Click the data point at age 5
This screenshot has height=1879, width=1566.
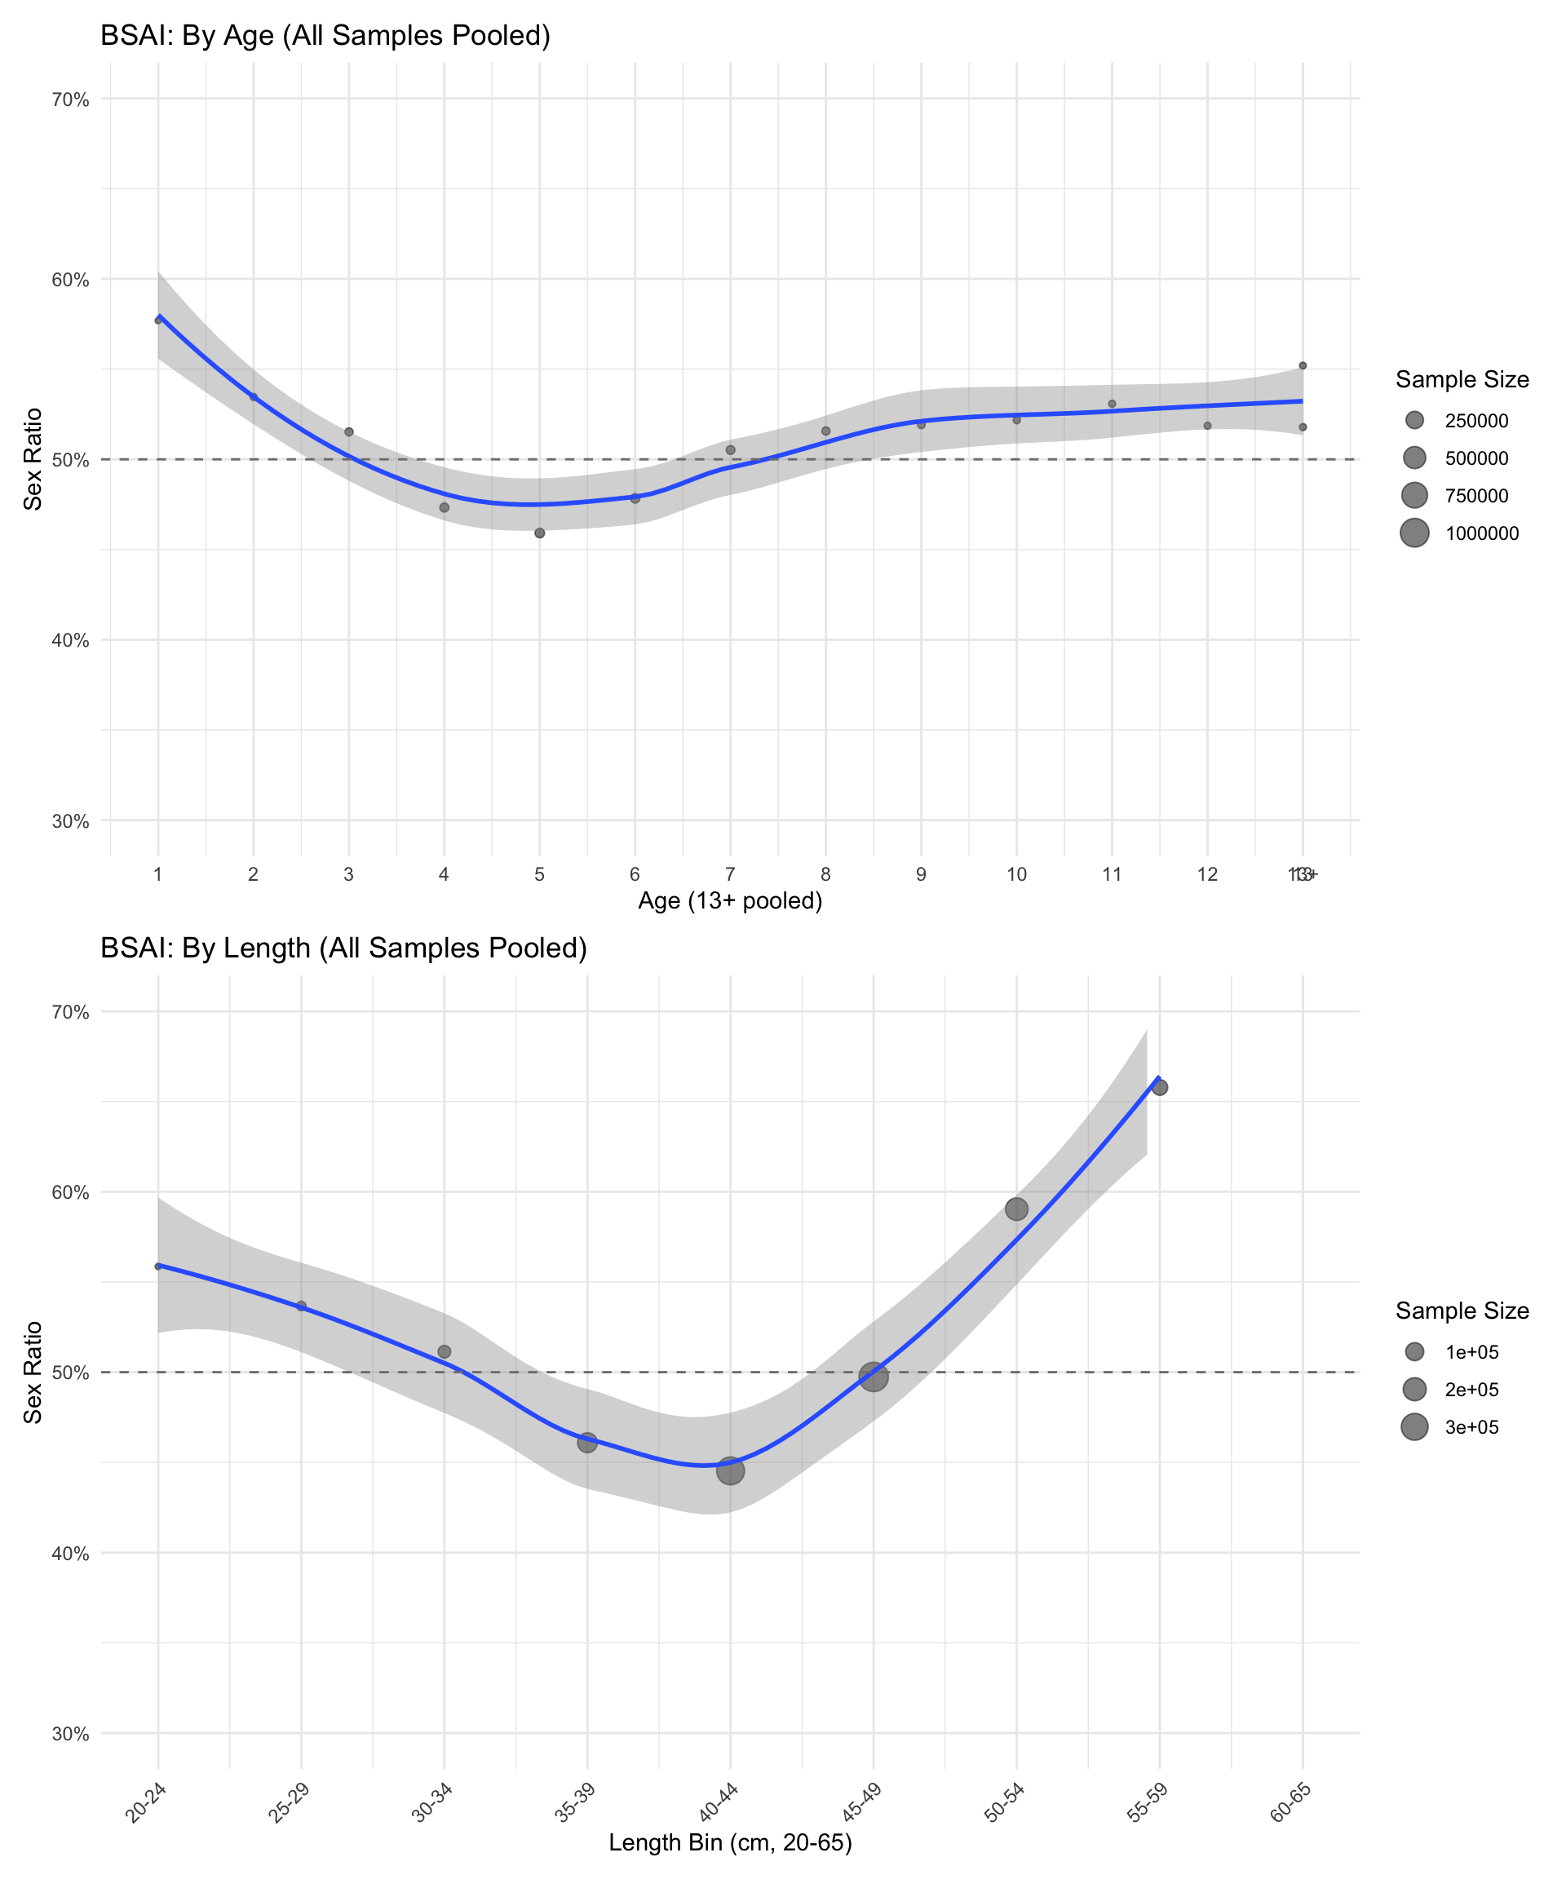click(x=540, y=533)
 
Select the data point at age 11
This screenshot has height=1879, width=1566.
click(x=1113, y=404)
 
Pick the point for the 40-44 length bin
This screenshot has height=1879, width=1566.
click(x=730, y=1470)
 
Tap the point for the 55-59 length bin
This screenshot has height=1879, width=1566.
click(x=1160, y=1087)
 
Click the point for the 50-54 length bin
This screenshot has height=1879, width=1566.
click(x=1016, y=1209)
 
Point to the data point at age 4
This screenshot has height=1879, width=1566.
click(x=444, y=507)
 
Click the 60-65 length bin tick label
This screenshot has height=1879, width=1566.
click(x=1290, y=1802)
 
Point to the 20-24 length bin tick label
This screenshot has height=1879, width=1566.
click(x=146, y=1802)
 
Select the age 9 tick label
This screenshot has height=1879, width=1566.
click(x=921, y=874)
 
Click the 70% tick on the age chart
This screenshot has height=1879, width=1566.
click(x=71, y=99)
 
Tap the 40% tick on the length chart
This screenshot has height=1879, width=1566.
click(x=71, y=1554)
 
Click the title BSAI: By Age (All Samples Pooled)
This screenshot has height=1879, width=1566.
click(x=325, y=36)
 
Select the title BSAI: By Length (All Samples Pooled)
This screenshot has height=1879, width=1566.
click(x=343, y=948)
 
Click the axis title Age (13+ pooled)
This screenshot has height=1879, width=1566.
click(x=730, y=900)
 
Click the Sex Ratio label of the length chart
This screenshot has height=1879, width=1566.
click(x=33, y=1372)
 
